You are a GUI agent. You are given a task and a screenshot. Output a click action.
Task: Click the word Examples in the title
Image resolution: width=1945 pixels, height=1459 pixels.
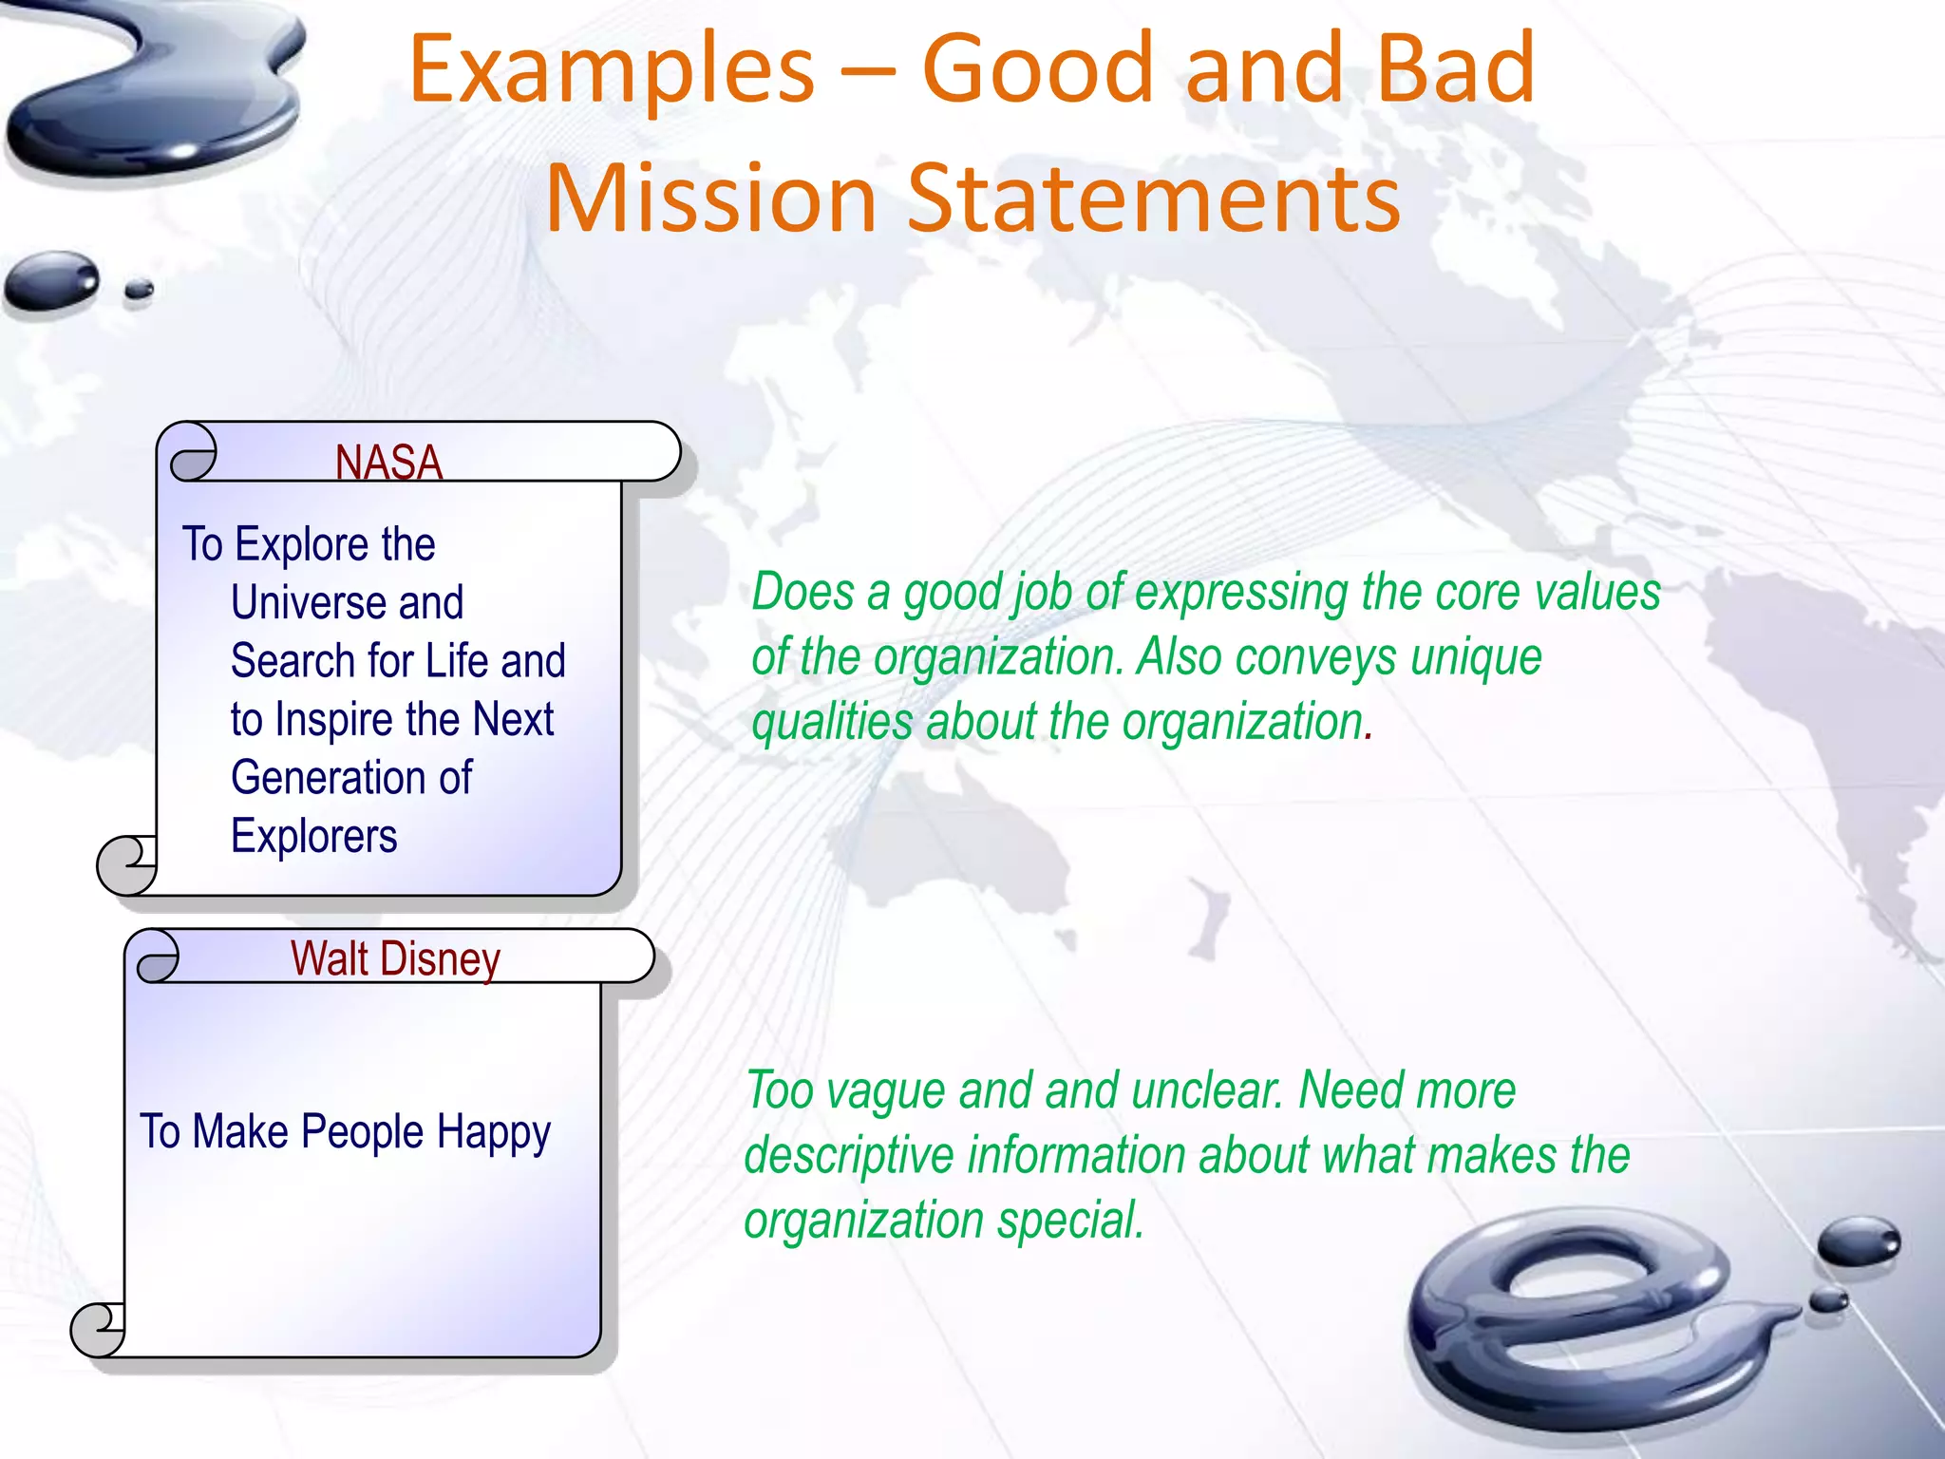[x=612, y=70]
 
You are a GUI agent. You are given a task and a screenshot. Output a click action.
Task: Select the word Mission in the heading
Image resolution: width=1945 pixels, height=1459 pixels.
[x=710, y=199]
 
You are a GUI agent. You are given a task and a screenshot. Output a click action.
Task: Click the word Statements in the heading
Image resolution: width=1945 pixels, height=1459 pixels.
[x=1154, y=199]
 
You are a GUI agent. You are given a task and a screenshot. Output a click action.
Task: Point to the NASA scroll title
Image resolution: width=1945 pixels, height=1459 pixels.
[x=388, y=463]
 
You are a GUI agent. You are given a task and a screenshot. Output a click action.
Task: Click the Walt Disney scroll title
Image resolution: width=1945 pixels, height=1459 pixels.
[x=395, y=958]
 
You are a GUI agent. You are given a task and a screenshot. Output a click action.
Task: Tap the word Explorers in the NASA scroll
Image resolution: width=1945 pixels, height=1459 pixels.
[x=313, y=837]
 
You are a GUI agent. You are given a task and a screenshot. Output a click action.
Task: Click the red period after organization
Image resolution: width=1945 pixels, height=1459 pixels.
[x=1369, y=736]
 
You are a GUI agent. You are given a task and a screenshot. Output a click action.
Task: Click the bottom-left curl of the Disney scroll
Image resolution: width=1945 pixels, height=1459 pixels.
[x=99, y=1329]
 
